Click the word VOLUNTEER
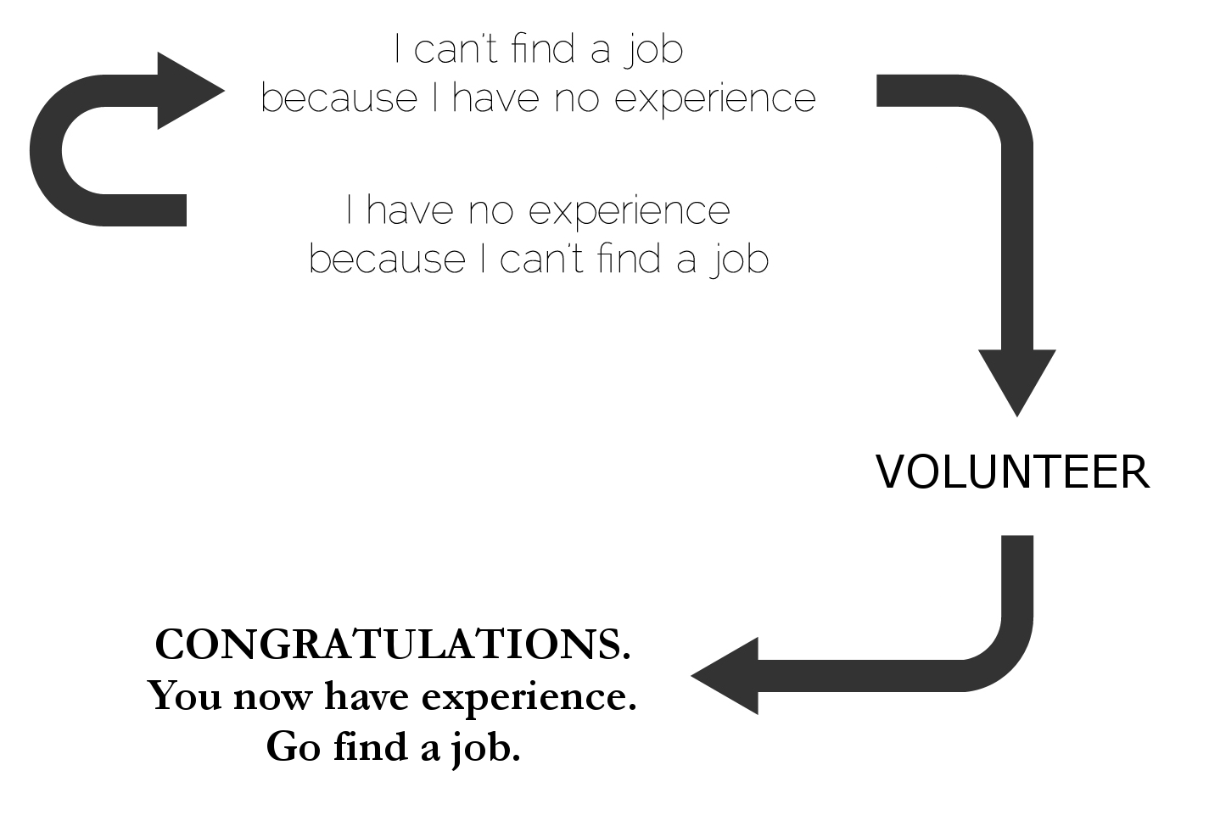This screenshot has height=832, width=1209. coord(1012,472)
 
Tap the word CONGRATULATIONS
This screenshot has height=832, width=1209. coord(393,645)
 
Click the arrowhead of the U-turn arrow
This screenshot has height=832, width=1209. coord(188,91)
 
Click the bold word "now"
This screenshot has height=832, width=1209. coord(271,697)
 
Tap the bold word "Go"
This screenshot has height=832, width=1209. coord(294,747)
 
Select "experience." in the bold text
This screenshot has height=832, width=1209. coord(529,699)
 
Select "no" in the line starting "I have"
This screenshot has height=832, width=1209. coord(491,211)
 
